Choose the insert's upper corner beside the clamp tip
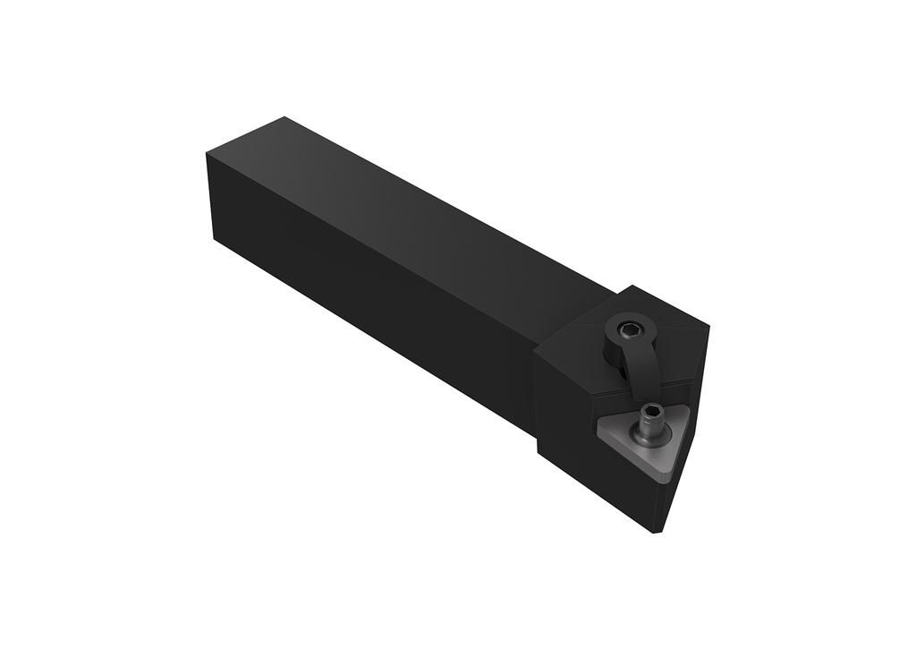tap(684, 407)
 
